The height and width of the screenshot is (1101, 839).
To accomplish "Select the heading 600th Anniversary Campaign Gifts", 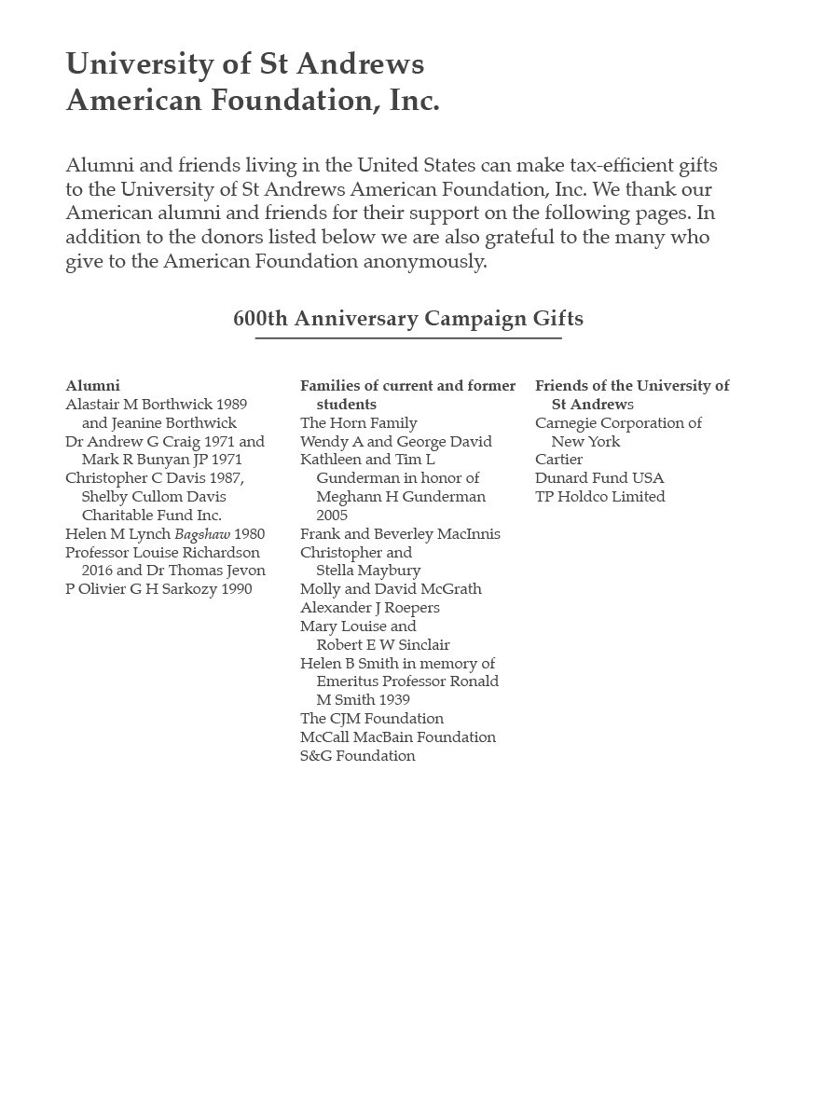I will (408, 318).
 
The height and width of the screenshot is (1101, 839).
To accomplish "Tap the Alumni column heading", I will (92, 385).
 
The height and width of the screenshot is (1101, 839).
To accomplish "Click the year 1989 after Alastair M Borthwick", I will (231, 404).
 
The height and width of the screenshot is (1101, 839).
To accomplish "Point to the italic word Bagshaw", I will (202, 534).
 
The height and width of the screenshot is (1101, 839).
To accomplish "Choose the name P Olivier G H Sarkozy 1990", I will (158, 588).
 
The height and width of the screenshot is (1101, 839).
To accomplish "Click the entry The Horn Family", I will (358, 422).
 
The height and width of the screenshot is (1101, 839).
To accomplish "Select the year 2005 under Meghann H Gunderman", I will (332, 515).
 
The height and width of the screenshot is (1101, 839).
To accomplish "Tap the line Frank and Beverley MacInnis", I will (400, 533).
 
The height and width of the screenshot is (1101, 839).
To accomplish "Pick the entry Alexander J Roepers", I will (369, 607).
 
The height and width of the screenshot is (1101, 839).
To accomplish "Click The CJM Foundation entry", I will (371, 718).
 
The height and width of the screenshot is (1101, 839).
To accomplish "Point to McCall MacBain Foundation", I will (397, 736).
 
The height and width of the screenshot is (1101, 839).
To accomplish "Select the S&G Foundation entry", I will (357, 755).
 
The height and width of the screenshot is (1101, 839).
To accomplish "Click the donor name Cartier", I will (558, 459).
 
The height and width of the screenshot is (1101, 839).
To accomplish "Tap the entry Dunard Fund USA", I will (599, 477).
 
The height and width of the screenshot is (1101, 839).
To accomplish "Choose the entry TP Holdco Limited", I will (599, 496).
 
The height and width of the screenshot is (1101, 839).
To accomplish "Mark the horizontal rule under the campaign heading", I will (408, 338).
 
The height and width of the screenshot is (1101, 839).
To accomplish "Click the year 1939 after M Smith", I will (389, 699).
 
